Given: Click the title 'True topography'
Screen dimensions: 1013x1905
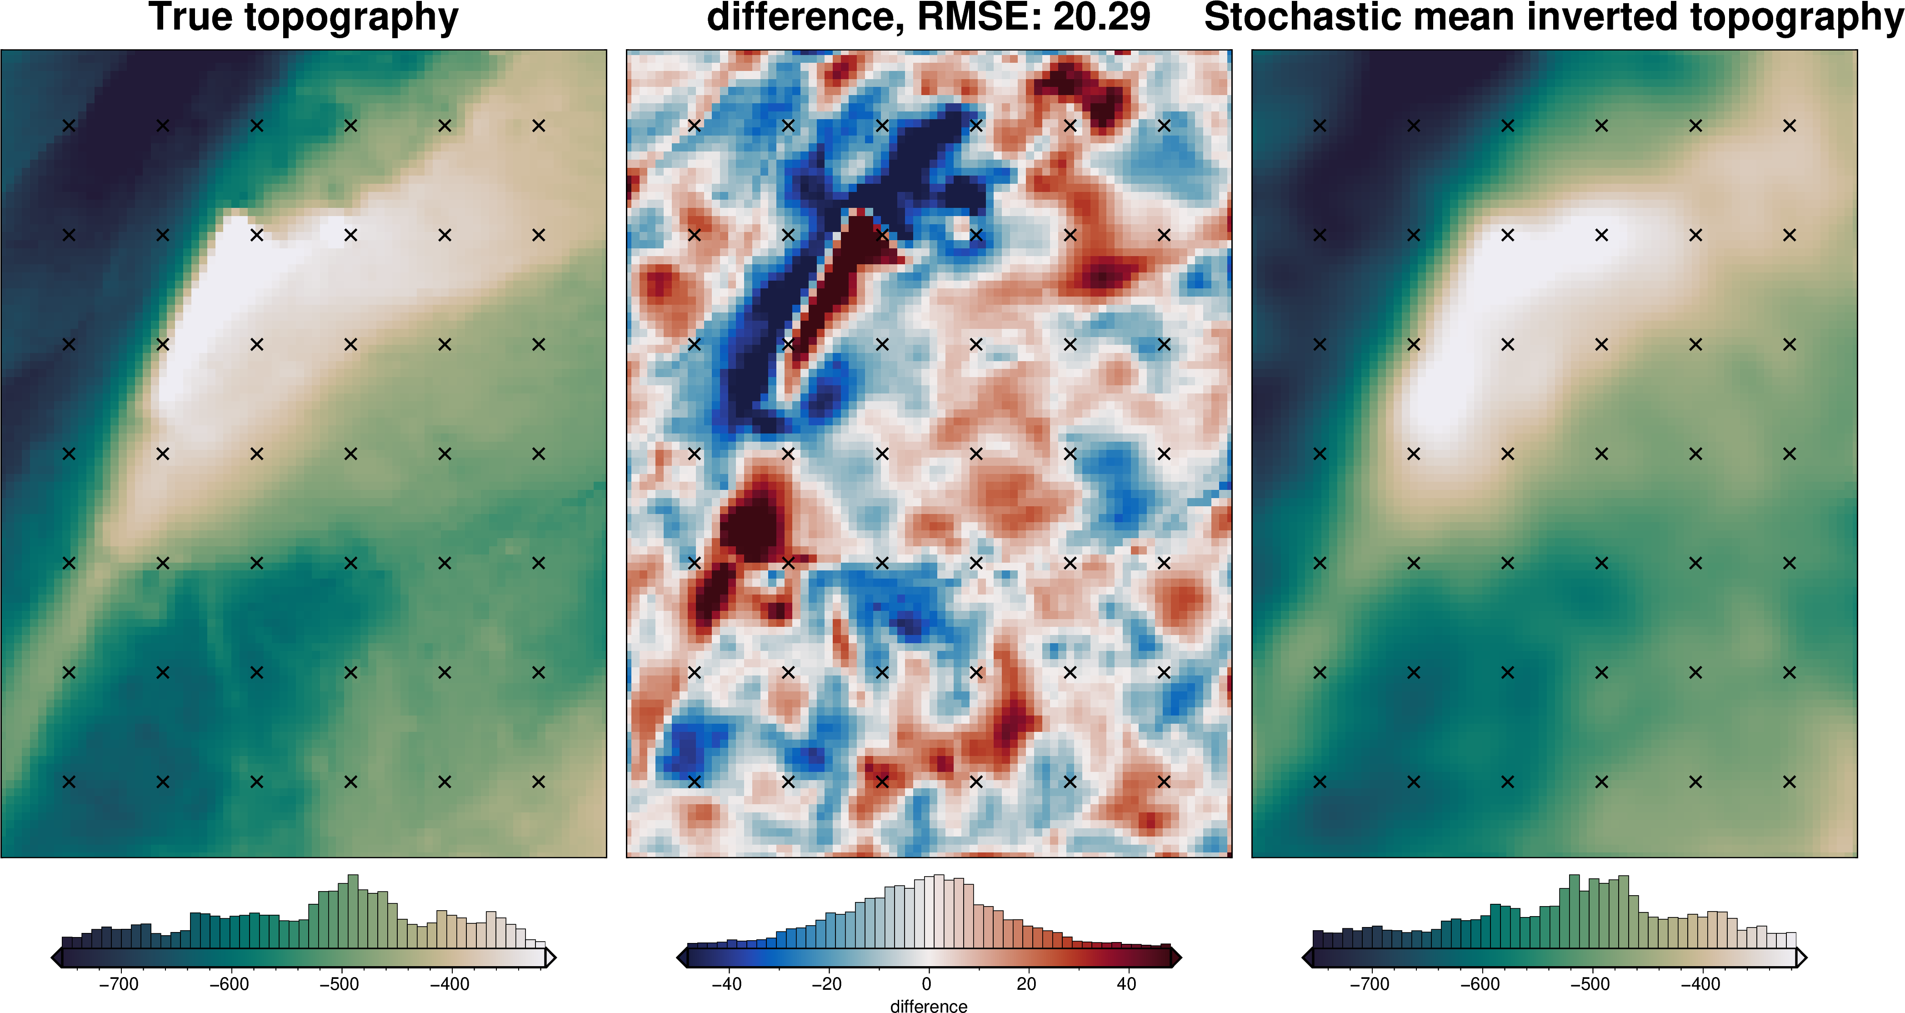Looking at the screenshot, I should (x=303, y=18).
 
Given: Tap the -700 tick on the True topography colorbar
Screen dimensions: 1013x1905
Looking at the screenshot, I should (x=119, y=984).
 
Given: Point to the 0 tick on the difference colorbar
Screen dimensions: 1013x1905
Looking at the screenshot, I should (x=927, y=984).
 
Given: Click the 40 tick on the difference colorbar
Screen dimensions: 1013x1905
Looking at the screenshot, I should (x=1126, y=984).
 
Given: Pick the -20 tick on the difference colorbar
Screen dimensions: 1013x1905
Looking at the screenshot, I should (x=827, y=984).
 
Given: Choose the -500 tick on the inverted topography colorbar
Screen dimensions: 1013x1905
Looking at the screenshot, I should (x=1591, y=984).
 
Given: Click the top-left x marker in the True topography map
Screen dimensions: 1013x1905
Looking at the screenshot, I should (x=69, y=126).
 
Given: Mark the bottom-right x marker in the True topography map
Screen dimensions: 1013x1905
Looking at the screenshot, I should (x=538, y=781).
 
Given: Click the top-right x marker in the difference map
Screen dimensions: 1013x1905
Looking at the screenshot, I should (x=1164, y=126).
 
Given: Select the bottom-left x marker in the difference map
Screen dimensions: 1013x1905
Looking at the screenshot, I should (x=695, y=781).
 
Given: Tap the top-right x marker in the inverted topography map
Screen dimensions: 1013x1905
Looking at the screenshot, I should (x=1790, y=126).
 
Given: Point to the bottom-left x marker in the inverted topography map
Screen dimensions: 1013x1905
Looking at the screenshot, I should (x=1320, y=781).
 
